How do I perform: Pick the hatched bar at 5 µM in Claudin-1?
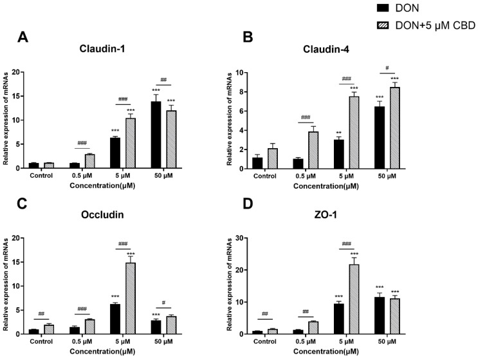[x=131, y=142]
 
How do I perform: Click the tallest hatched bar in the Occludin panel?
[x=131, y=298]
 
